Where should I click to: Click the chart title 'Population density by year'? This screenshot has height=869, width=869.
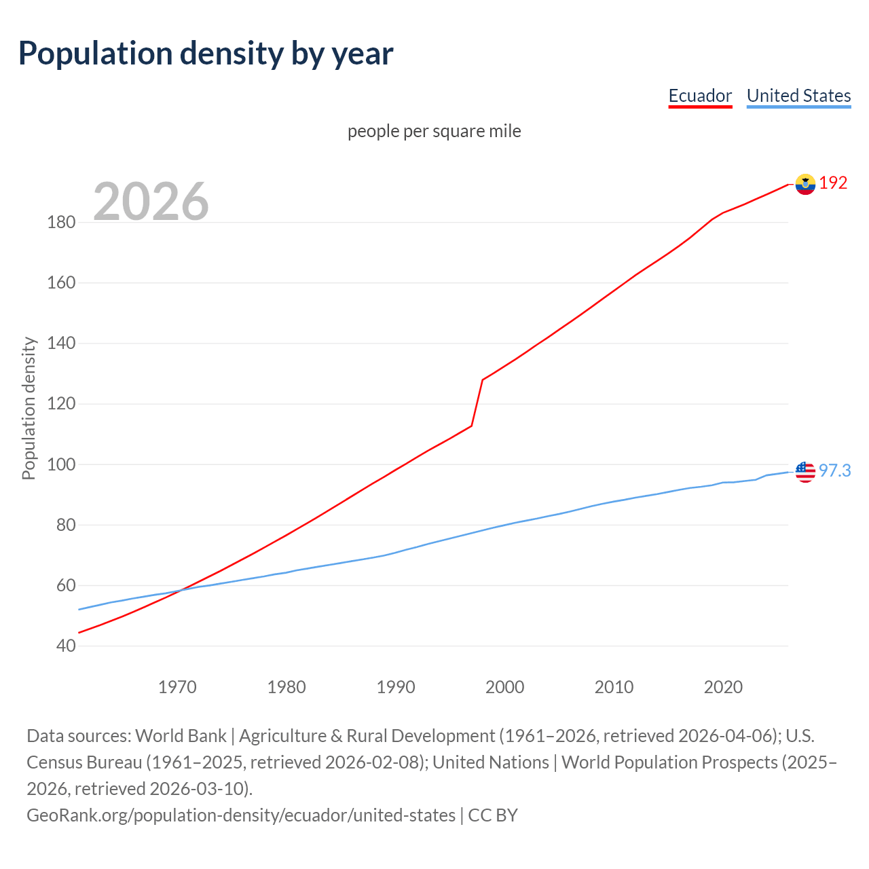(206, 54)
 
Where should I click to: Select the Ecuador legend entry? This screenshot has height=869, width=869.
(700, 96)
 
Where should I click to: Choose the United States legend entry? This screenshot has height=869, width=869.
(798, 96)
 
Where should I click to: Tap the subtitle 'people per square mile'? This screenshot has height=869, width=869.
(434, 131)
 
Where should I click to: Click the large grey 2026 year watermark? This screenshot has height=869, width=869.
(151, 201)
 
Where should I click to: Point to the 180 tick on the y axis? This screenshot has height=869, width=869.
(61, 222)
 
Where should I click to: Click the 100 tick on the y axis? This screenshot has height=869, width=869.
(61, 464)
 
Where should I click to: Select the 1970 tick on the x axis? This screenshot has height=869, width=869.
(177, 687)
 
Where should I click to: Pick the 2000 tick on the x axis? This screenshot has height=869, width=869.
(504, 687)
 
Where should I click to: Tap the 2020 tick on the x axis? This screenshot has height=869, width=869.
(723, 687)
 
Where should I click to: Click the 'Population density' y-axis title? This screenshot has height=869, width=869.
(29, 409)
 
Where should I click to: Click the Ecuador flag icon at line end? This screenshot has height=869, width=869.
(805, 184)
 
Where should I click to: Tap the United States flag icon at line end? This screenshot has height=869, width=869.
(805, 471)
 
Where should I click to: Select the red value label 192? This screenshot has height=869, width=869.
(833, 183)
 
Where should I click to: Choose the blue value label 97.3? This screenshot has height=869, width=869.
(834, 470)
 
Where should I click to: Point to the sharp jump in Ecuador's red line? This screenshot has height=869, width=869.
(477, 403)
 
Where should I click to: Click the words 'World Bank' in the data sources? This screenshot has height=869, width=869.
(181, 736)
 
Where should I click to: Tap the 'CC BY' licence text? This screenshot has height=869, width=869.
(493, 815)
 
